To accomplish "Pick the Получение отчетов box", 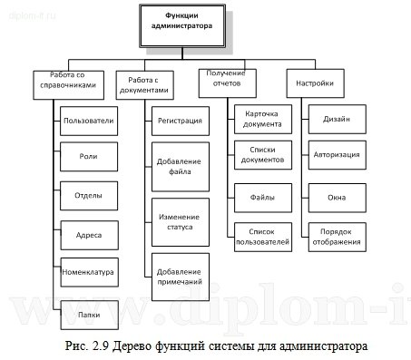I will (x=226, y=82).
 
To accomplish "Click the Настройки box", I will (x=308, y=84).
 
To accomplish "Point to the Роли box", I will (x=88, y=157).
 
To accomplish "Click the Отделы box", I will (x=88, y=195).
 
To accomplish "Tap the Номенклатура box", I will (x=88, y=270).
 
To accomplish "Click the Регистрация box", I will (x=179, y=121).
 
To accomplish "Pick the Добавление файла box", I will (x=179, y=165).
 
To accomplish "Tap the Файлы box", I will (x=261, y=195).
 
